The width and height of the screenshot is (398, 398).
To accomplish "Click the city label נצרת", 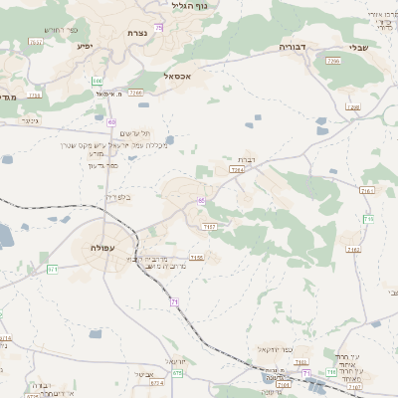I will [x=137, y=33].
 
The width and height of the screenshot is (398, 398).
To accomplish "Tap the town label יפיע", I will [x=84, y=45].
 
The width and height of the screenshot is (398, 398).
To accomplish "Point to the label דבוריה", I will [x=294, y=46].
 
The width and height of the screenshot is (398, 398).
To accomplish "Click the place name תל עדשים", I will [x=134, y=133].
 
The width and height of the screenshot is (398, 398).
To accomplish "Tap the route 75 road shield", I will [x=159, y=28].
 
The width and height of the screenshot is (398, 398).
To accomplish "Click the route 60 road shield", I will [x=111, y=121].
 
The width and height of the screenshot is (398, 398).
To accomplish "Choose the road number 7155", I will [x=197, y=257].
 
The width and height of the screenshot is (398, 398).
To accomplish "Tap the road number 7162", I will [x=352, y=249].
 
